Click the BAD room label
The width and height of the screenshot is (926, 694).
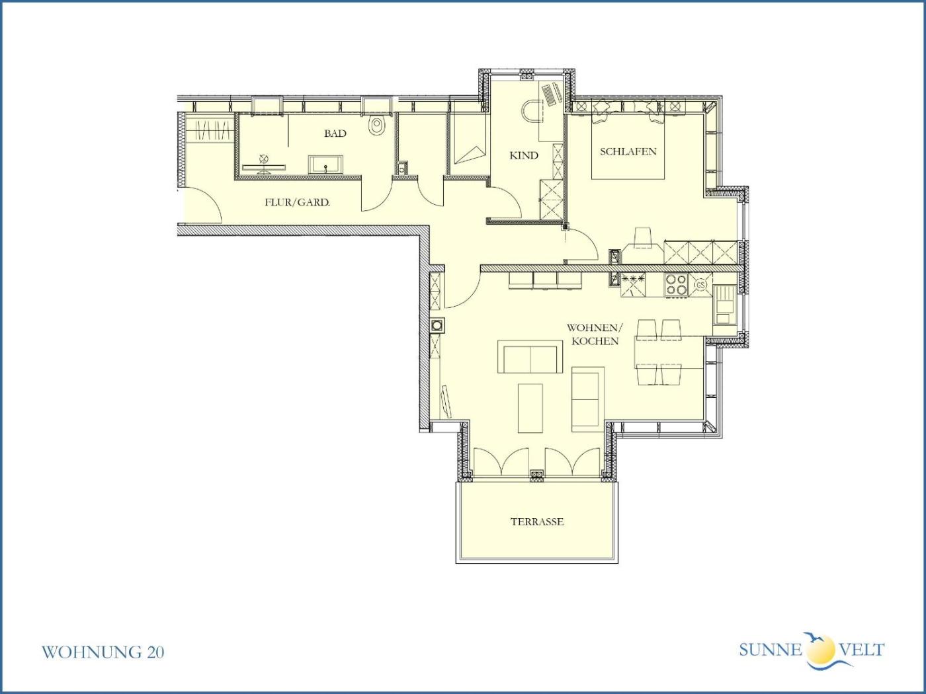tap(335, 134)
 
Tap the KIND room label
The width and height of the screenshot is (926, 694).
tap(524, 156)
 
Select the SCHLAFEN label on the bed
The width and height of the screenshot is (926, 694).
tap(628, 152)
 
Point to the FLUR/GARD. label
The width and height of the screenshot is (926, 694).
tap(297, 203)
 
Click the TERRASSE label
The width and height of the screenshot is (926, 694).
tap(536, 521)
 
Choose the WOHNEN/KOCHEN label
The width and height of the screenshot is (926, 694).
tap(595, 334)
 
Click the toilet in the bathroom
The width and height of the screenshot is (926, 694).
tap(377, 125)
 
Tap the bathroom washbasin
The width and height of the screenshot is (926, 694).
tap(325, 165)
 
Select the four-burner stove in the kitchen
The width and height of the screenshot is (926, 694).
tap(676, 284)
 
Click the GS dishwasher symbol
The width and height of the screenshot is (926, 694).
tap(700, 285)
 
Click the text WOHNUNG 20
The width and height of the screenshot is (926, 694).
tap(103, 652)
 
